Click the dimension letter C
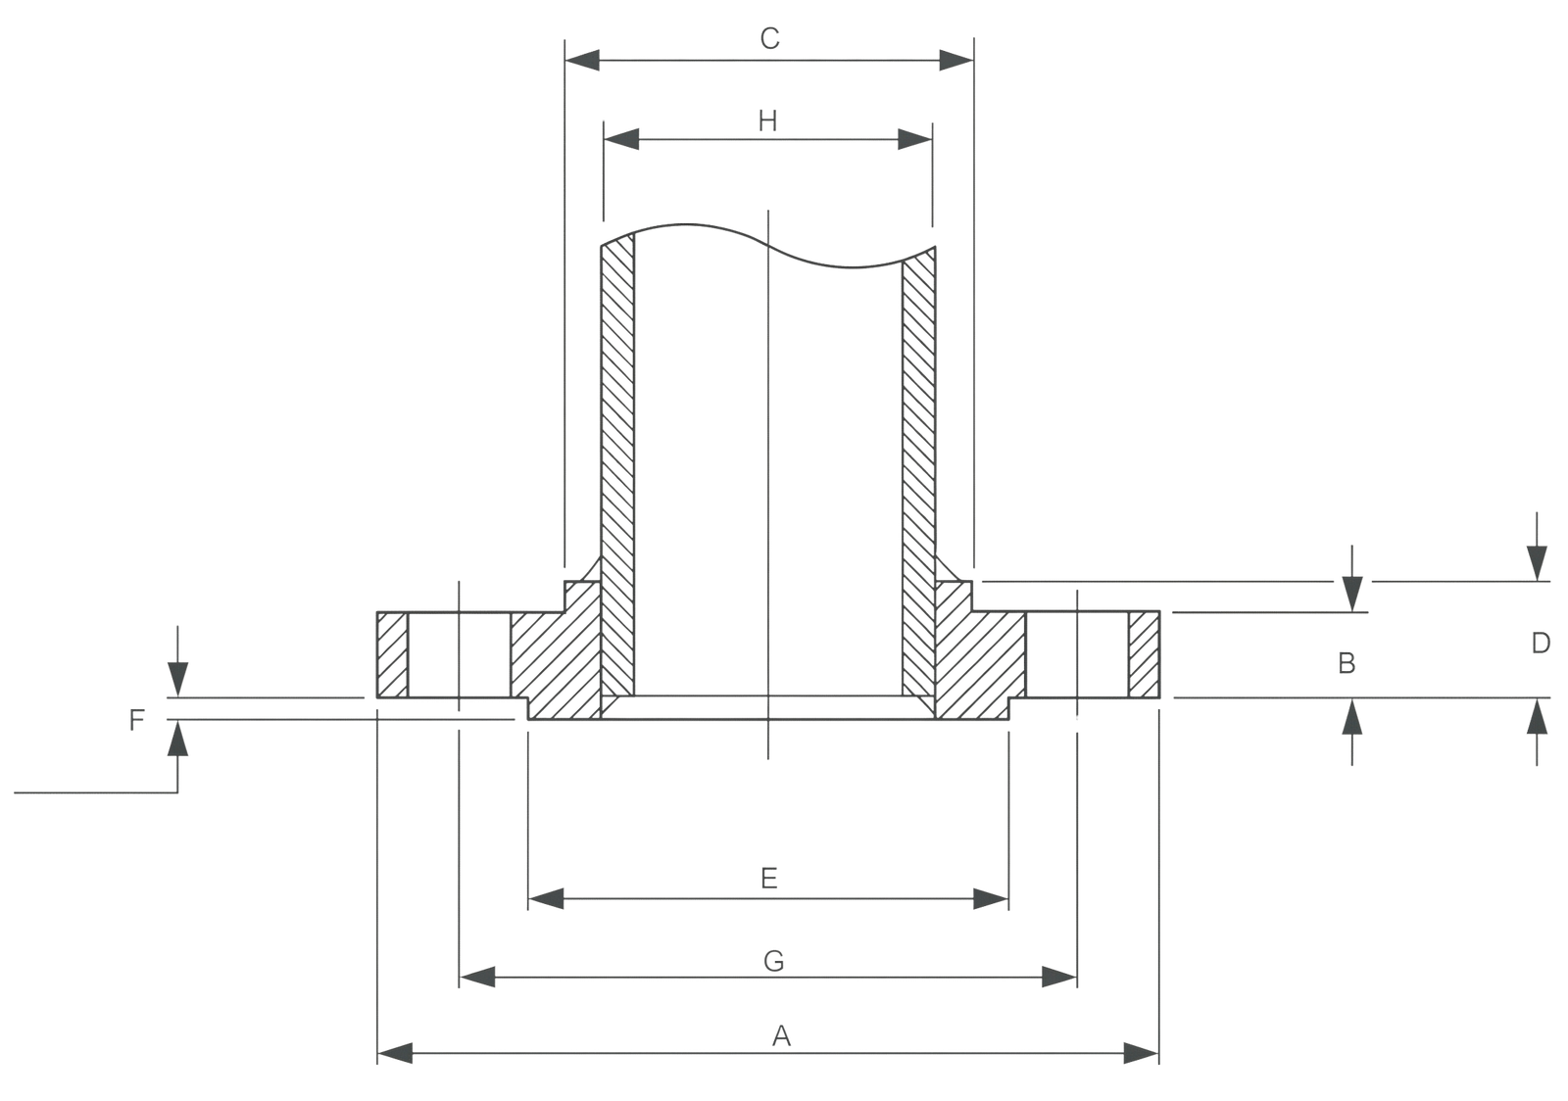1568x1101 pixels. point(770,39)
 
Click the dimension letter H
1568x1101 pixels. point(769,120)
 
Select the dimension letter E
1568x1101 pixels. point(769,879)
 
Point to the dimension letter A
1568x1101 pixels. point(782,1036)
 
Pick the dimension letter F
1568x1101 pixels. point(137,723)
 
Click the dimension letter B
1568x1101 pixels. point(1347,664)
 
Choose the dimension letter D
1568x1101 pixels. point(1542,644)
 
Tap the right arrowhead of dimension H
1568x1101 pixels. point(913,140)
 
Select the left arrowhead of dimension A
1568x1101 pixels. point(394,1054)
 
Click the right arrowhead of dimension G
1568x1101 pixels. point(1057,977)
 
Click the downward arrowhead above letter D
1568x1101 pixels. point(1537,562)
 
